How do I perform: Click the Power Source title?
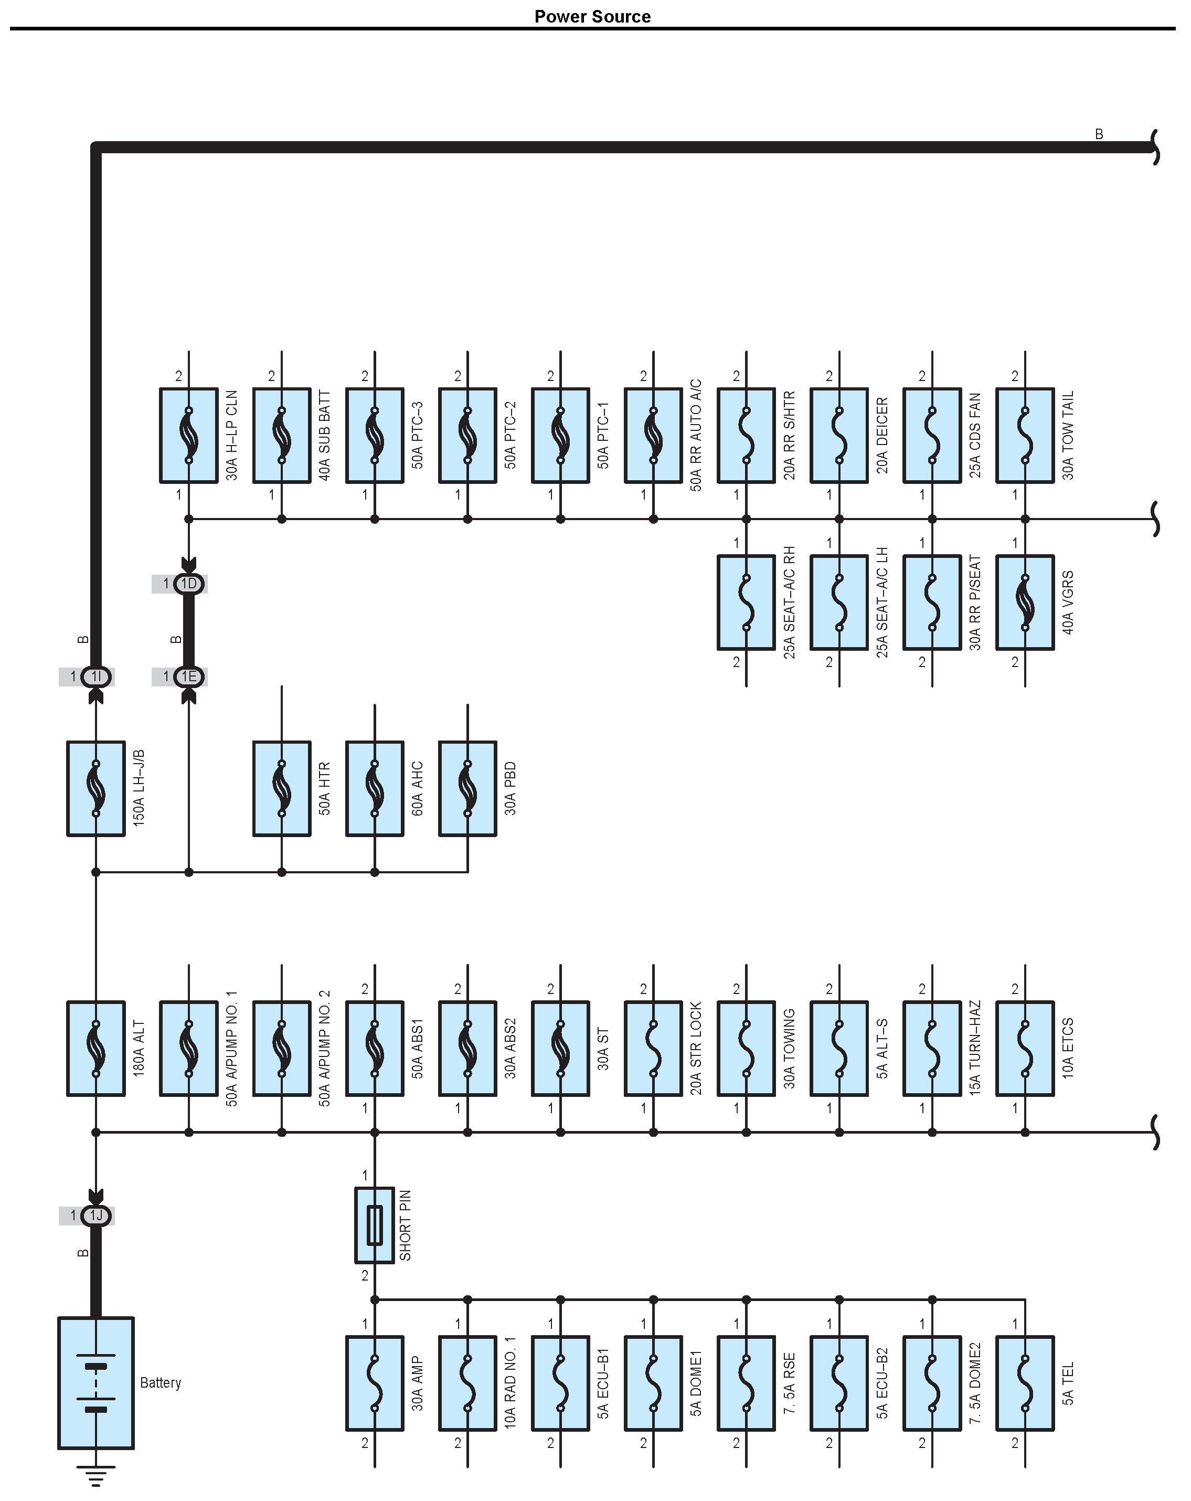[592, 17]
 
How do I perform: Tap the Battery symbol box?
[96, 1382]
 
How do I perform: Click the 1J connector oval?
[96, 1215]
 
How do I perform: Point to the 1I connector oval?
[96, 676]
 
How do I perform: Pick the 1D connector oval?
[189, 584]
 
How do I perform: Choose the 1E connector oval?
[189, 676]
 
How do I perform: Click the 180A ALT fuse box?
[96, 1048]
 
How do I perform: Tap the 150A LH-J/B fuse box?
[96, 788]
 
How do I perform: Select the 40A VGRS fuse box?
[1025, 602]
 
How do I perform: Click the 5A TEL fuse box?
[1025, 1382]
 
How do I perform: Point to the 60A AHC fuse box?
[375, 788]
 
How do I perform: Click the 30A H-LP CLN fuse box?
[189, 435]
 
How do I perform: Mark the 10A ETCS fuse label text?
[1068, 1048]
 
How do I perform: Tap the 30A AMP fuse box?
[375, 1382]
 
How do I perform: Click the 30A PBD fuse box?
[467, 788]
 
